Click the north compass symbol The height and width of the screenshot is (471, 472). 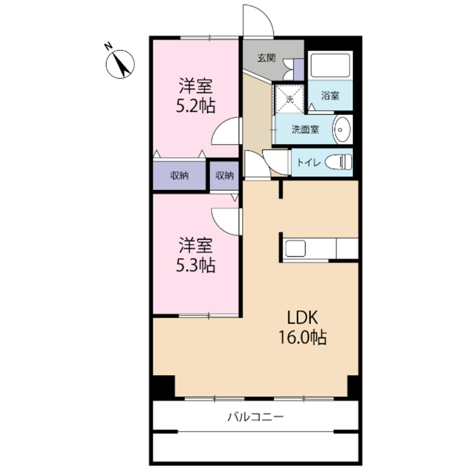coord(120,64)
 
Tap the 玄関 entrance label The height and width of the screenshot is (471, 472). coord(267,58)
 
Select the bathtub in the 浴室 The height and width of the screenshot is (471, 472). coord(330,65)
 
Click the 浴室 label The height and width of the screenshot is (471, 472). coord(330,96)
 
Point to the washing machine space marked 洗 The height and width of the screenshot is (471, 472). coord(289,99)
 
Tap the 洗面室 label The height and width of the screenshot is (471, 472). coord(305,130)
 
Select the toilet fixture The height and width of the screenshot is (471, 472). coord(339,162)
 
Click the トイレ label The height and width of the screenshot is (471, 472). coord(308,162)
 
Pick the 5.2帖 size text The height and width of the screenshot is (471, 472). coord(196,106)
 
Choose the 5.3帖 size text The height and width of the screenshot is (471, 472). coord(196,265)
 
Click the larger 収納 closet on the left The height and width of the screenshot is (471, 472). coord(179,176)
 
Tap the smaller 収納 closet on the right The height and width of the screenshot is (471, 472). coord(224,176)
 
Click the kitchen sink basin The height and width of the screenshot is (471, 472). coord(295,248)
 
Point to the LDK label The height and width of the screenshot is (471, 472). coord(302,317)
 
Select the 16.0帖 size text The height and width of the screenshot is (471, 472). coord(302,337)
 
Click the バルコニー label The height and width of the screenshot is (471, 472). coord(255,417)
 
